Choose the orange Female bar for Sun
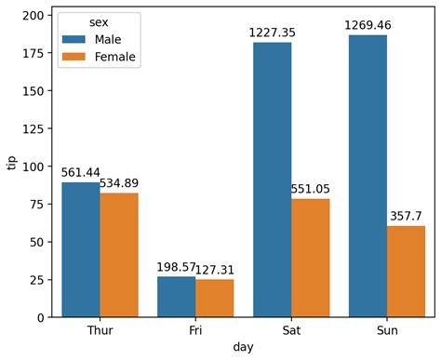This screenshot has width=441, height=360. click(406, 272)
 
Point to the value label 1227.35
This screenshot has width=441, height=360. click(272, 33)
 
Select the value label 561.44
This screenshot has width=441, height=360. click(81, 172)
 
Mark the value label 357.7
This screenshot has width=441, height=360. click(406, 215)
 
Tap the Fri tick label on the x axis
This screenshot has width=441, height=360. click(195, 330)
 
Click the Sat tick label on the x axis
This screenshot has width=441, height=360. click(291, 330)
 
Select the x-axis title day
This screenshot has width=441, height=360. click(243, 348)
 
